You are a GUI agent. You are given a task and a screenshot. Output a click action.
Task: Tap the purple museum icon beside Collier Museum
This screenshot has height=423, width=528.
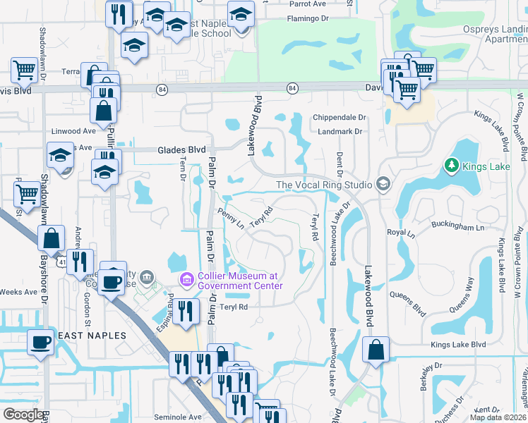tap(186, 281)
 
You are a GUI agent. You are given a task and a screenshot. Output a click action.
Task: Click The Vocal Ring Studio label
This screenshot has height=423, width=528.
tap(324, 185)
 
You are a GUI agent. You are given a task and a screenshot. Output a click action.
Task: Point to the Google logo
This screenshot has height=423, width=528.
tap(24, 415)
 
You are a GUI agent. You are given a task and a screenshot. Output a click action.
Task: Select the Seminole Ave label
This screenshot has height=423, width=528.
tap(179, 417)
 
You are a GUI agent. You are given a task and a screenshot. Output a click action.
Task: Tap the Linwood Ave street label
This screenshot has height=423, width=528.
tap(74, 131)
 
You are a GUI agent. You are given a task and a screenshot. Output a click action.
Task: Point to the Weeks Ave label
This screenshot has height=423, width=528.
tap(18, 291)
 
